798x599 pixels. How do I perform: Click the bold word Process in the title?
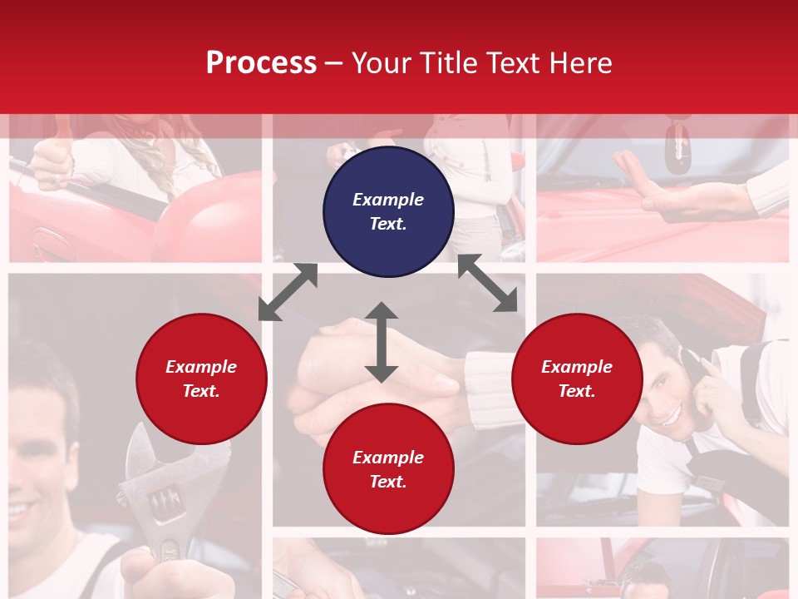261,63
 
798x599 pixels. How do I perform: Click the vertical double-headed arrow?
382,342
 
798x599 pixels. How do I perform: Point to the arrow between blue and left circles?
288,292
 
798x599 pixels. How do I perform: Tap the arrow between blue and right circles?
488,283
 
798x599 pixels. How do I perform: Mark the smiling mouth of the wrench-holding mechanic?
25,507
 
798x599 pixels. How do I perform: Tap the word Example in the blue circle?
388,200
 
